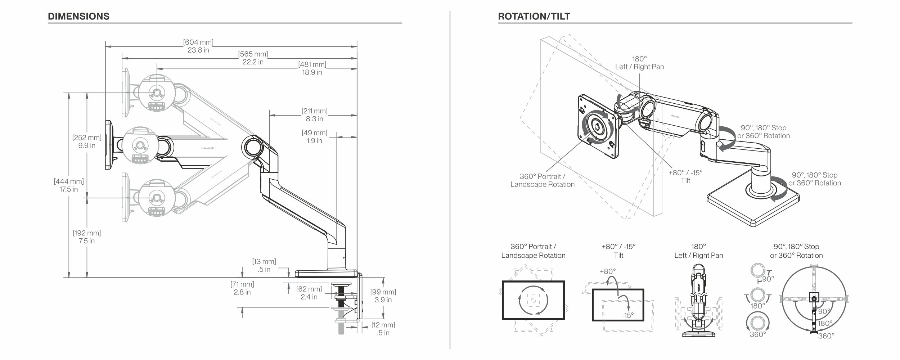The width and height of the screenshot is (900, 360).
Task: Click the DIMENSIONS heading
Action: tap(78, 17)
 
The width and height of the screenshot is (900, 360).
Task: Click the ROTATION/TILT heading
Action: tap(534, 17)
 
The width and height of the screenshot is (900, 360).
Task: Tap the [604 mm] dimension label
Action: tap(198, 42)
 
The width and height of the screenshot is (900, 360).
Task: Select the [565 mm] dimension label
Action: tap(253, 54)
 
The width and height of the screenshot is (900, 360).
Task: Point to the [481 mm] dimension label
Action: tap(312, 64)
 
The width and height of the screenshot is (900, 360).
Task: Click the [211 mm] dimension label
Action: tap(314, 111)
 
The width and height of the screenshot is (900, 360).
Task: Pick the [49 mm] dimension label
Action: tap(314, 133)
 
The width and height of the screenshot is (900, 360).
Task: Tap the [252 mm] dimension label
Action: tap(87, 138)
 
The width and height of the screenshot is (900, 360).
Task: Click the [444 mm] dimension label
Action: tap(69, 181)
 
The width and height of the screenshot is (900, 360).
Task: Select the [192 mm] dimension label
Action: tap(87, 233)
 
